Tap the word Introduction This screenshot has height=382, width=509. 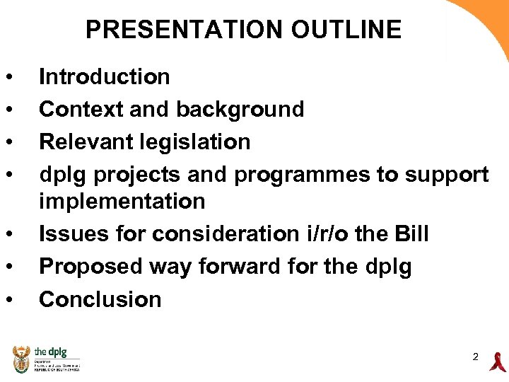coord(104,76)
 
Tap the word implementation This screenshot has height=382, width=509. coord(122,202)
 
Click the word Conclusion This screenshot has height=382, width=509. coord(100,299)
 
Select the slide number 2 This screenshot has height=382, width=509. coord(476,357)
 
